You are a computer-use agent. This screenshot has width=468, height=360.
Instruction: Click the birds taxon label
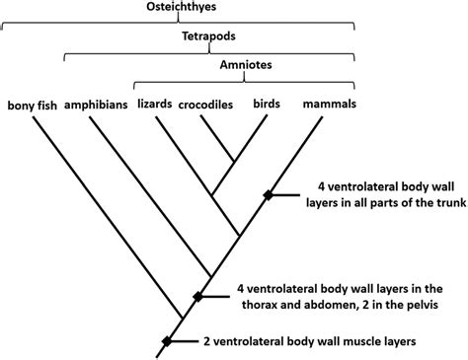tap(266, 104)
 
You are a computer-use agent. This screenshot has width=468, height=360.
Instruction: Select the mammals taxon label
tap(329, 104)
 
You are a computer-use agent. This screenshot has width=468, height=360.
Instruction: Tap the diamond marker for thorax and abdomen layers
tap(197, 296)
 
